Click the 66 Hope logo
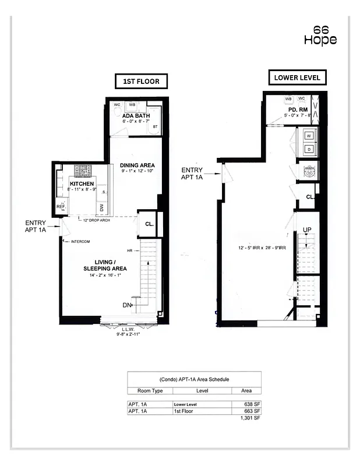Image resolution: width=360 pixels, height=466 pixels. pyautogui.click(x=320, y=35)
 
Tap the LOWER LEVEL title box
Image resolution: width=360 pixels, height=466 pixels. pyautogui.click(x=297, y=77)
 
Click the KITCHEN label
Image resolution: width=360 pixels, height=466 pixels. pyautogui.click(x=82, y=184)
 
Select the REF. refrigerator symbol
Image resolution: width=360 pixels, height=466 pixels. pyautogui.click(x=61, y=206)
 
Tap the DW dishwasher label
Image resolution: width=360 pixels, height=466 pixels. pyautogui.click(x=103, y=207)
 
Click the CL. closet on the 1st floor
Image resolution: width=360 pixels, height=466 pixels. pyautogui.click(x=149, y=223)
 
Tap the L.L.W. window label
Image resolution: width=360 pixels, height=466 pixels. pyautogui.click(x=127, y=329)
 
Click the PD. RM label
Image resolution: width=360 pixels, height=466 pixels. pyautogui.click(x=298, y=110)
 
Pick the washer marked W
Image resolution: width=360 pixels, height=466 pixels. pyautogui.click(x=309, y=136)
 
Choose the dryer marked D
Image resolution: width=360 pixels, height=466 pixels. pyautogui.click(x=309, y=150)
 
